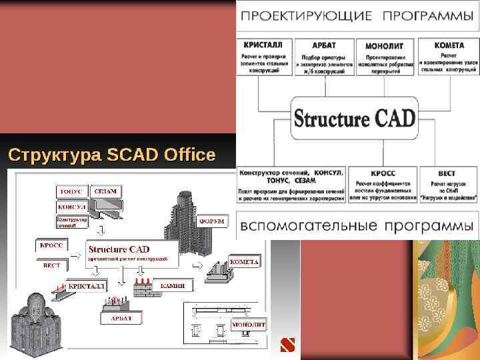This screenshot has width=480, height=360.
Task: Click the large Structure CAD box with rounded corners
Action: click(x=355, y=119)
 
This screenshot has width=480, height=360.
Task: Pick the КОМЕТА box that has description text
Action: click(x=449, y=57)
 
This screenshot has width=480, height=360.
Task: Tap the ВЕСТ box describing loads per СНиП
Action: click(x=447, y=184)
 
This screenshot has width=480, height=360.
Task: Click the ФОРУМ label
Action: click(x=213, y=221)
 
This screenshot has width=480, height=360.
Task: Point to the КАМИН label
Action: click(x=172, y=285)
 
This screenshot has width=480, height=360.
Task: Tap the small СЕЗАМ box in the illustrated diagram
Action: click(x=105, y=191)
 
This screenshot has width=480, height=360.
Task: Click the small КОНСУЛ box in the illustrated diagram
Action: click(x=71, y=207)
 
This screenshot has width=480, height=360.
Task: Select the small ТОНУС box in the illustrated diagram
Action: click(x=71, y=191)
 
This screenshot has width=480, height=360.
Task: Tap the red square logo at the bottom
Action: click(x=287, y=345)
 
